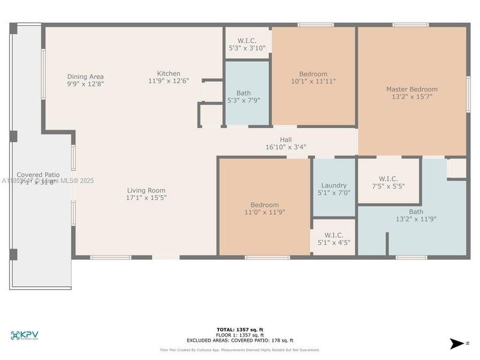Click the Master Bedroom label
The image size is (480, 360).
pos(412,89)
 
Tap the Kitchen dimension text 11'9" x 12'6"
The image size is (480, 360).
pos(169,80)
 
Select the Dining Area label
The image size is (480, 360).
pos(85,76)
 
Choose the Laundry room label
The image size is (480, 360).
pos(334,185)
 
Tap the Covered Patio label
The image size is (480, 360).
pos(38,174)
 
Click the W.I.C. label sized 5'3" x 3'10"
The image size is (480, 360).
pos(247,40)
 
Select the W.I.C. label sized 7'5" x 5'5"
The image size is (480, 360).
pos(388,178)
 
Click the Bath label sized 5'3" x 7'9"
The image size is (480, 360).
pos(244,93)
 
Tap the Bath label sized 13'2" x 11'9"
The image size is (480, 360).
pos(416,211)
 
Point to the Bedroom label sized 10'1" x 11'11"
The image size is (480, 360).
pos(313,74)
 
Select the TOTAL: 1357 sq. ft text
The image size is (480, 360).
pos(239,329)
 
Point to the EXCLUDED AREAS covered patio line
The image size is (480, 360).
pos(239,340)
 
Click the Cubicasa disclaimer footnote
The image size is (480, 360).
pos(239,350)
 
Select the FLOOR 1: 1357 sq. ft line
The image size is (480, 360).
pos(239,335)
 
